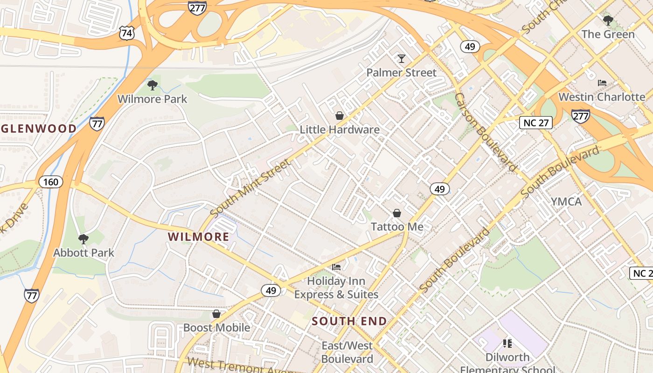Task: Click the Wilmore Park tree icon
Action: (152, 85)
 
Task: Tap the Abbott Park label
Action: (83, 253)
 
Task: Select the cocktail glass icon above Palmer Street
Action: (401, 58)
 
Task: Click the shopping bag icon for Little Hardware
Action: (340, 115)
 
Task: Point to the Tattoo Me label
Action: (397, 227)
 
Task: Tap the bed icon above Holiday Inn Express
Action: (336, 267)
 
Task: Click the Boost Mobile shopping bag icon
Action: (216, 313)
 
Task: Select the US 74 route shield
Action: (127, 33)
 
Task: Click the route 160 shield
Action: (50, 181)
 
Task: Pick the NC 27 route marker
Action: (536, 123)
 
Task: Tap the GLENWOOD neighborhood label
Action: (38, 129)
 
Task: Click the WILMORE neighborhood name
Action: (199, 237)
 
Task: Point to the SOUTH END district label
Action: (349, 321)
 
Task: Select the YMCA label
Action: (566, 201)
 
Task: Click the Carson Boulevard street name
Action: (486, 132)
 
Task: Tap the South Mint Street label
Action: (250, 187)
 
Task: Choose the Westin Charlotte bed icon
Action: (602, 83)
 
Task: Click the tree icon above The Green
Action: (608, 20)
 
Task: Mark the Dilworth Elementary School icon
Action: (507, 344)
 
